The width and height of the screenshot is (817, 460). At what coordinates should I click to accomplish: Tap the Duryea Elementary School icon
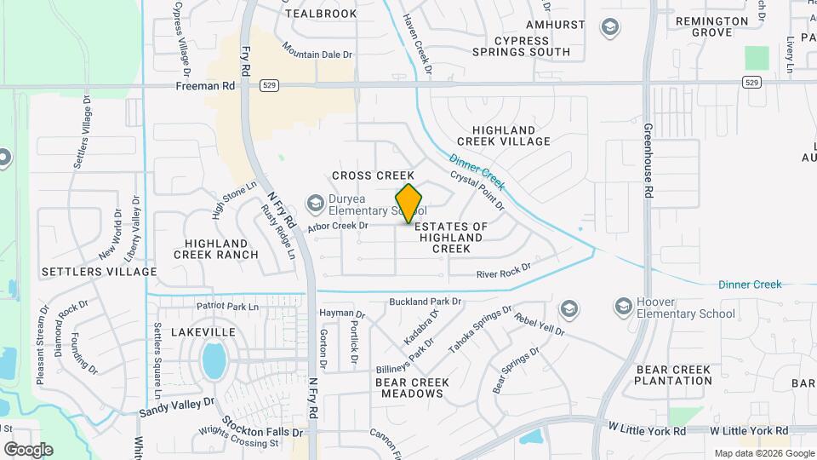point(316,203)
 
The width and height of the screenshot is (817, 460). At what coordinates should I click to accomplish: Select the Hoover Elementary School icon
point(624,306)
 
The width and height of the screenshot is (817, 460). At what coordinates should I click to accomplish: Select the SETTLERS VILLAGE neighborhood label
point(99,272)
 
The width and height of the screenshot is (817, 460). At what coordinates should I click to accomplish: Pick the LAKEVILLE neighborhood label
point(203,331)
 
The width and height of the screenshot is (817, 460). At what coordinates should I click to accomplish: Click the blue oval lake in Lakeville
point(214,360)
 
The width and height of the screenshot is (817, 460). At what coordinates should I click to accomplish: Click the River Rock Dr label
point(503,270)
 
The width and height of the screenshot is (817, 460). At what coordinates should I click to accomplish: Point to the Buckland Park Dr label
point(425,302)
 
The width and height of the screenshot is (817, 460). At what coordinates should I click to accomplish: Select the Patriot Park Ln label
point(226,306)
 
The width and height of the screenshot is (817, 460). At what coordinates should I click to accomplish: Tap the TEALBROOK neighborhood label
point(321,14)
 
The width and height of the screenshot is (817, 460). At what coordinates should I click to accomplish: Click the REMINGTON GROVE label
point(715,26)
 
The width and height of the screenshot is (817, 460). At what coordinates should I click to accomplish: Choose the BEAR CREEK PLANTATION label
point(673,375)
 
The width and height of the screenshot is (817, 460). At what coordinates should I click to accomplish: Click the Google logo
point(28,449)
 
